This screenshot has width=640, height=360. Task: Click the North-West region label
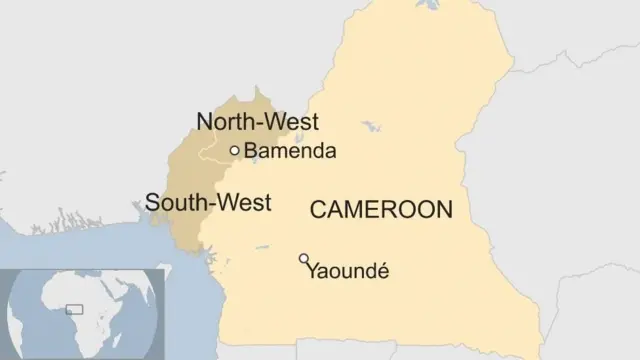click(257, 122)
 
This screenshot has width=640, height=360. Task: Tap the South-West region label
click(208, 203)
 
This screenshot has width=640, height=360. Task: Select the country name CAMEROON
click(381, 210)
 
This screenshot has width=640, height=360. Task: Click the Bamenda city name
click(290, 152)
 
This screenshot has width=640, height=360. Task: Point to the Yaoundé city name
click(348, 271)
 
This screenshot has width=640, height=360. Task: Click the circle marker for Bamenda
click(235, 151)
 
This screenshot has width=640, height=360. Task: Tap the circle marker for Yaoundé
click(303, 259)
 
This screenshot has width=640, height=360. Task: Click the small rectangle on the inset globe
click(74, 310)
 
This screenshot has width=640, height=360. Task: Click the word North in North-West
click(225, 122)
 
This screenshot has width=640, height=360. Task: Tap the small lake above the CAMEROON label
click(372, 128)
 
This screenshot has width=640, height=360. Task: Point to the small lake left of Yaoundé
click(261, 247)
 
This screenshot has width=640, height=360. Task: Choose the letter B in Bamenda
click(250, 152)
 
